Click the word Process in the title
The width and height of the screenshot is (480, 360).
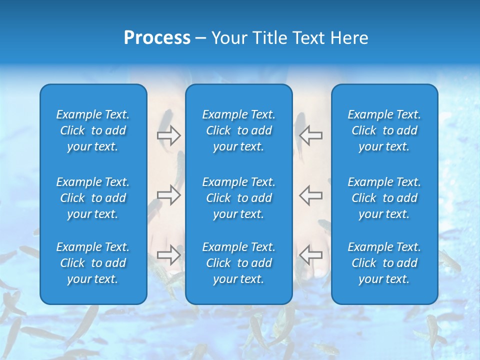click(157, 38)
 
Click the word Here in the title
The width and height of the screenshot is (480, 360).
click(348, 38)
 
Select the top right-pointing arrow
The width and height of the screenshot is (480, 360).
click(168, 135)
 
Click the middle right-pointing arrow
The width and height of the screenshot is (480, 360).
click(168, 195)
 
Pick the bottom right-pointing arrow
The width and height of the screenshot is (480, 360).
click(168, 254)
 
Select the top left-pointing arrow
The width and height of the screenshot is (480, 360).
click(310, 135)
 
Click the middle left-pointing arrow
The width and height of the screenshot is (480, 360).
click(310, 195)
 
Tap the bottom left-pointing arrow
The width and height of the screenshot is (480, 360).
click(310, 254)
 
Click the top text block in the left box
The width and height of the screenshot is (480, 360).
click(93, 130)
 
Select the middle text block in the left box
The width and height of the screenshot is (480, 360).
click(93, 198)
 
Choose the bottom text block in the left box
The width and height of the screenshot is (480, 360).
click(93, 263)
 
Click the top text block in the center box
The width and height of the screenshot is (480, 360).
click(238, 130)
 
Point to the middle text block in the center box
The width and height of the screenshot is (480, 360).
click(238, 198)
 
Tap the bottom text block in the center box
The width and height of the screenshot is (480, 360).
click(238, 263)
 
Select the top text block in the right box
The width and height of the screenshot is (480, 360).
click(384, 130)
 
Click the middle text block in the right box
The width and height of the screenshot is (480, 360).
click(384, 198)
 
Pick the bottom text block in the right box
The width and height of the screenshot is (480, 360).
click(384, 263)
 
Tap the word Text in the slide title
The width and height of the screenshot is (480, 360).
click(308, 38)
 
